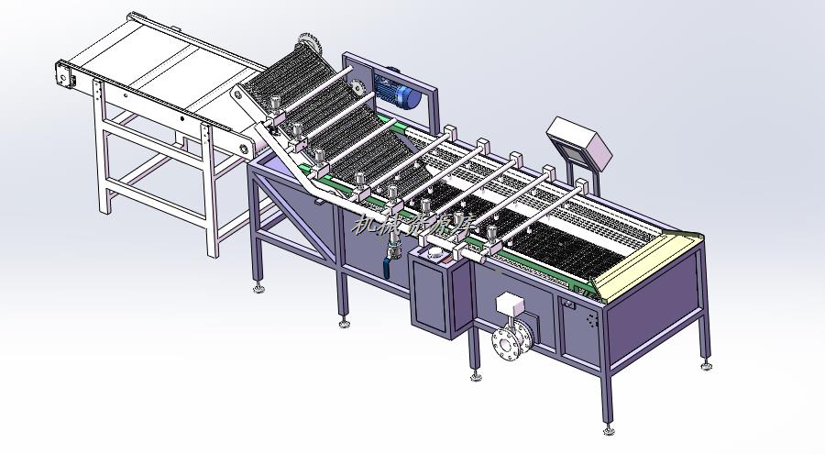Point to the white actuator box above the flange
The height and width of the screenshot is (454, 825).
coord(509,305)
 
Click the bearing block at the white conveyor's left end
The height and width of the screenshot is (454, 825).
coord(63,76)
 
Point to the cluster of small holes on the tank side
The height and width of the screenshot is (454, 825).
coord(590,321)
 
